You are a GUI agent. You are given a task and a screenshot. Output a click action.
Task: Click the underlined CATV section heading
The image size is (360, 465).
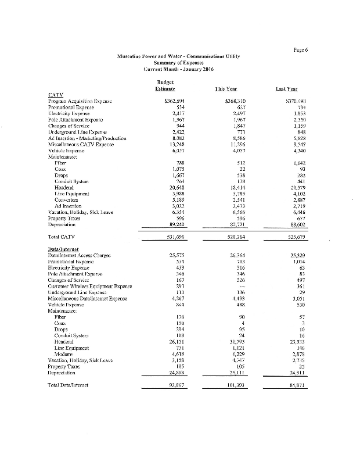tap(55, 94)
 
